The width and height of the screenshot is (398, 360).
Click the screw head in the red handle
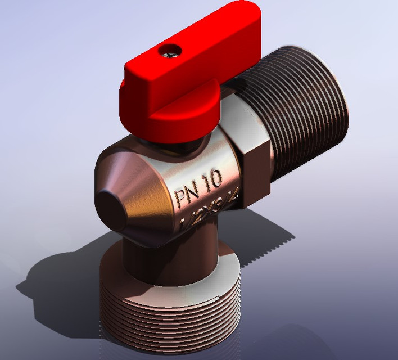click(170, 52)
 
